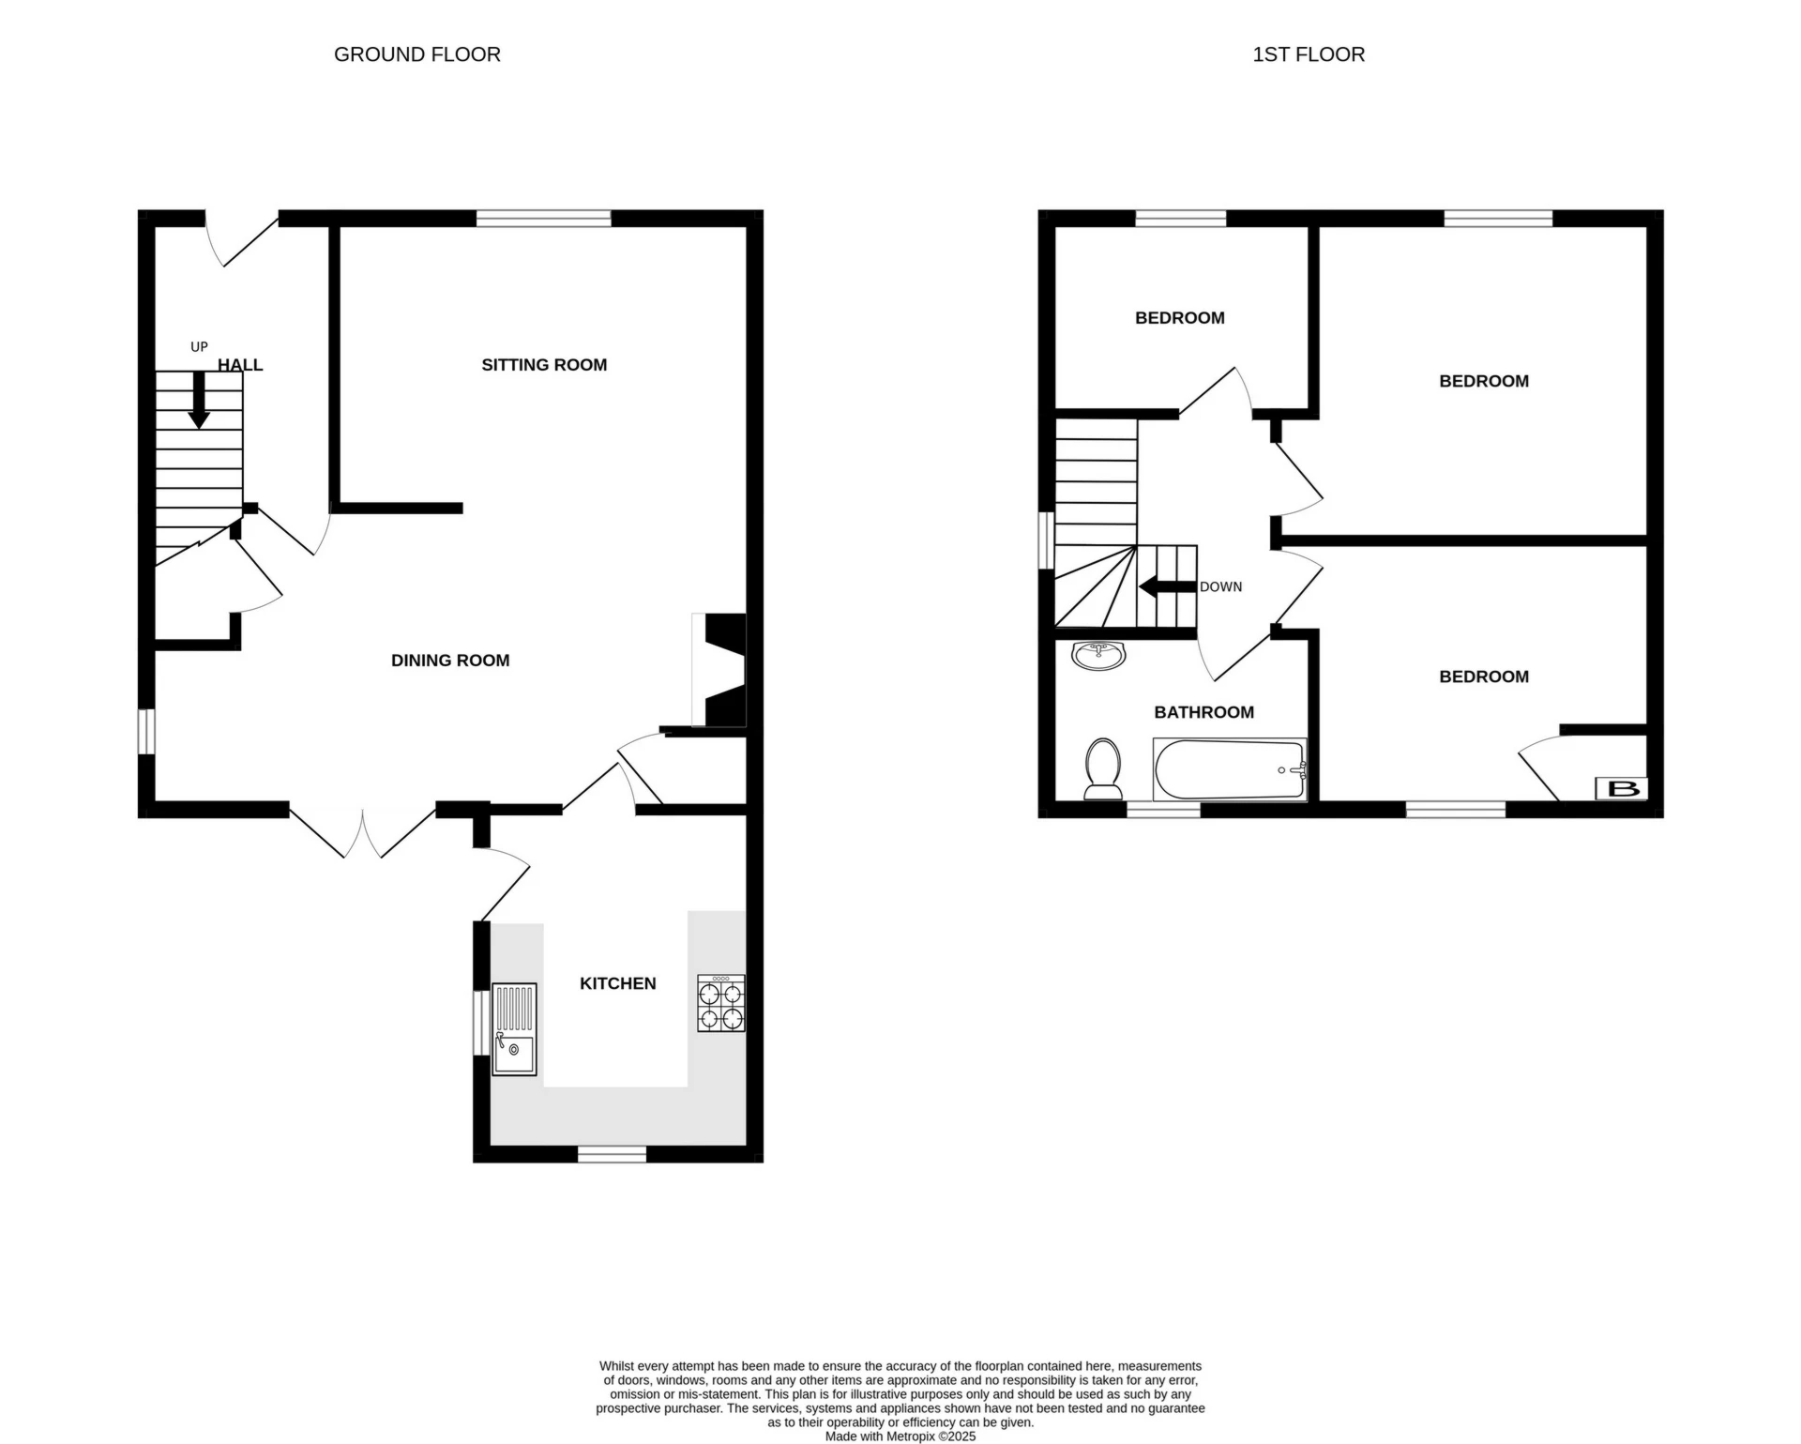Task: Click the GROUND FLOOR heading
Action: click(x=416, y=54)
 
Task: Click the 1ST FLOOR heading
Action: click(x=1308, y=54)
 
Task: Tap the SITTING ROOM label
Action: click(x=544, y=365)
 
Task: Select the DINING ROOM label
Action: click(x=450, y=661)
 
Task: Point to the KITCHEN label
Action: click(x=617, y=983)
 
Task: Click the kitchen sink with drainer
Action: click(x=515, y=1029)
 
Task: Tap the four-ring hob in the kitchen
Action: click(x=720, y=1004)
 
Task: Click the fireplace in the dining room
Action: click(x=720, y=670)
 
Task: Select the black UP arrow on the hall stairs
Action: click(x=199, y=401)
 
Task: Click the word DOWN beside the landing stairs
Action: click(x=1220, y=587)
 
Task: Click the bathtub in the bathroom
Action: click(x=1229, y=770)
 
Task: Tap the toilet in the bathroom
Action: click(x=1103, y=768)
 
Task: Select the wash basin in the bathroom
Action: click(x=1098, y=656)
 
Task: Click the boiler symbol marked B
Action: click(x=1621, y=789)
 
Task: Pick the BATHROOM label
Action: click(x=1203, y=713)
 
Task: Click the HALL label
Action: click(x=240, y=365)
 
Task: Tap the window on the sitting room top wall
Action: click(x=543, y=219)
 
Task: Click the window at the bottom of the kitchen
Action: click(x=612, y=1154)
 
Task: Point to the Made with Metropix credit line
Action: click(x=900, y=1436)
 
